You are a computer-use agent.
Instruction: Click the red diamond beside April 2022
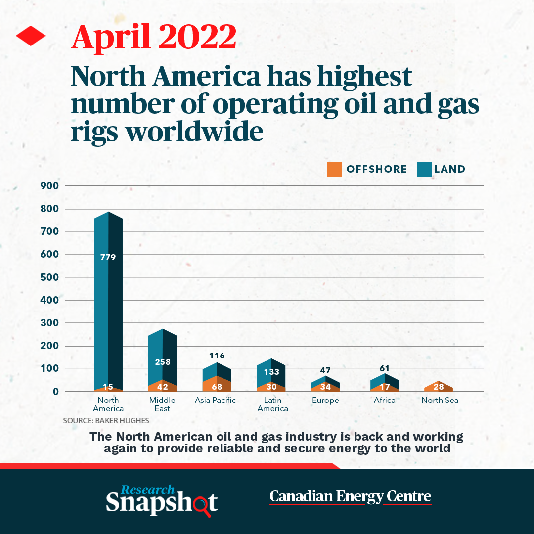[x=31, y=36]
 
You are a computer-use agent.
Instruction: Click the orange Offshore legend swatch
[x=334, y=169]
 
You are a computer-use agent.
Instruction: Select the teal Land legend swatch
[x=425, y=169]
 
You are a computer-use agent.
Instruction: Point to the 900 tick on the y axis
[x=49, y=186]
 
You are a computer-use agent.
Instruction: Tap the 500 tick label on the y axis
[x=49, y=277]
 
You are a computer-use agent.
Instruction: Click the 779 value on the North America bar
[x=108, y=258]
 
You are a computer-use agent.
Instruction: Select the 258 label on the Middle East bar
[x=163, y=362]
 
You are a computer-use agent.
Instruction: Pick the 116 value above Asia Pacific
[x=217, y=356]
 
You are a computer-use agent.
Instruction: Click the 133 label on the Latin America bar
[x=271, y=372]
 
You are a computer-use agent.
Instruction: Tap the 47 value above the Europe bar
[x=325, y=370]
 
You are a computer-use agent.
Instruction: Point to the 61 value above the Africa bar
[x=385, y=368]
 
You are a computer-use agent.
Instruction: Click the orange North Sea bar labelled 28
[x=439, y=386]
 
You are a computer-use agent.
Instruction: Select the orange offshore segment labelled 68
[x=217, y=384]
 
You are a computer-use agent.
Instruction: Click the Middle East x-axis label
[x=163, y=404]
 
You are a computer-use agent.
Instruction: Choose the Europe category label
[x=325, y=400]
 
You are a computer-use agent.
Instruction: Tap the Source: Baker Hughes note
[x=106, y=421]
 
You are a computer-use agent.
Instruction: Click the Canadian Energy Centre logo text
[x=351, y=496]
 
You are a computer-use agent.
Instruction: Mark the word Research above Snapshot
[x=147, y=489]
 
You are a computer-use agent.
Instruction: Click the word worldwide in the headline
[x=195, y=132]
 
